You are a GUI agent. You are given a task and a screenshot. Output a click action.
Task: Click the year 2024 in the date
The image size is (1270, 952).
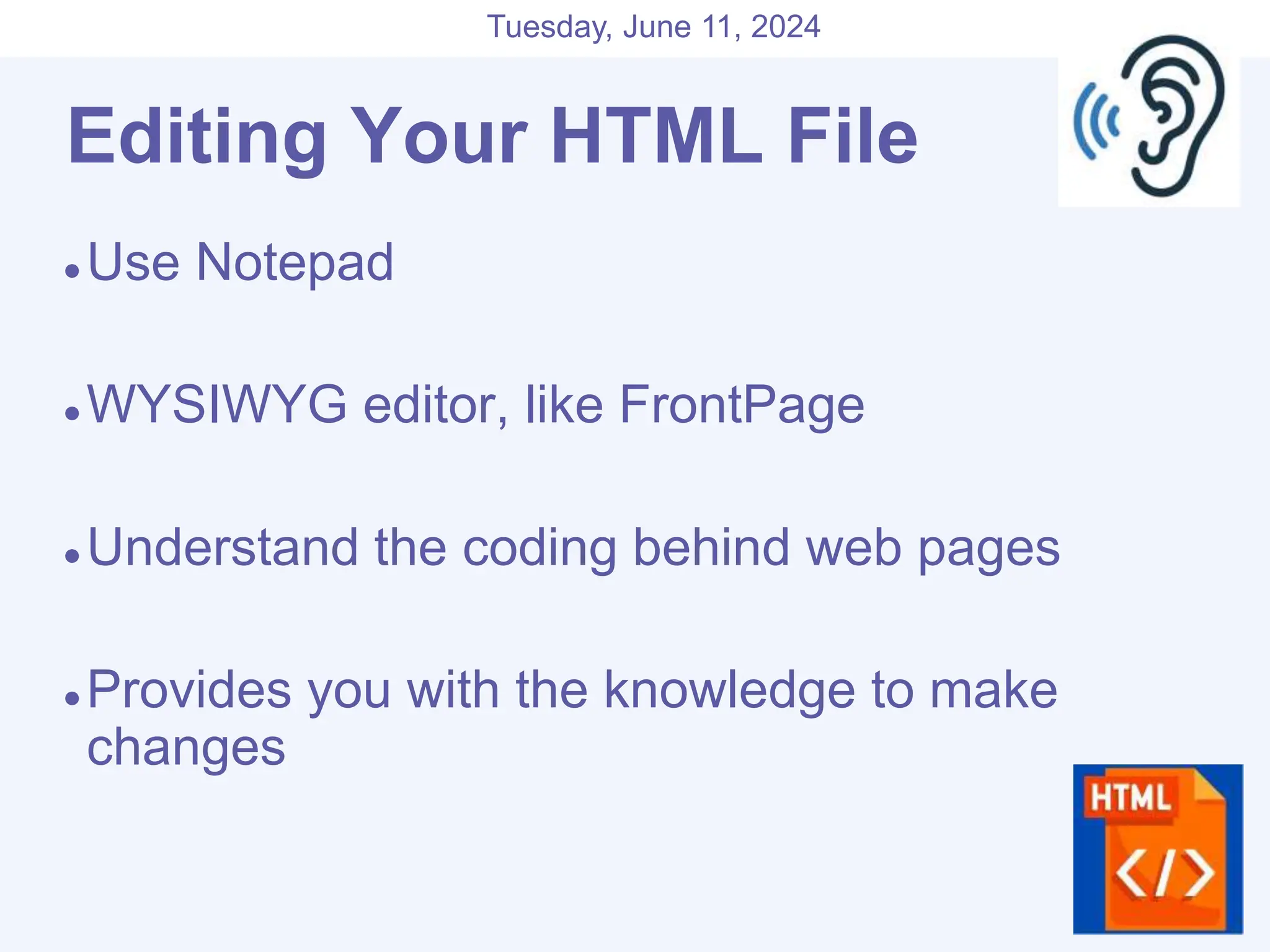click(785, 27)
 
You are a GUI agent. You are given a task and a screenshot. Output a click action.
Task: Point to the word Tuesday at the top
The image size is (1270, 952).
click(549, 27)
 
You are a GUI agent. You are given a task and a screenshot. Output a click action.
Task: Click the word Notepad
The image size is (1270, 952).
click(295, 263)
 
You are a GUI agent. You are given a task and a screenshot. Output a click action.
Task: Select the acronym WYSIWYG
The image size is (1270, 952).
click(217, 405)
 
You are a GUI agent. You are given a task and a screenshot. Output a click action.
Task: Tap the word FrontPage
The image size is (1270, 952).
click(742, 405)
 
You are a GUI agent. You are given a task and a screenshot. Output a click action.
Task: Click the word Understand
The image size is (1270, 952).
click(223, 548)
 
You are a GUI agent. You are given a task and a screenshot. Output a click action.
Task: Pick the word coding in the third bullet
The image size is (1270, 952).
click(540, 548)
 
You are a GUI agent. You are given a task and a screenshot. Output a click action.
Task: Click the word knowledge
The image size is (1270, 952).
click(729, 690)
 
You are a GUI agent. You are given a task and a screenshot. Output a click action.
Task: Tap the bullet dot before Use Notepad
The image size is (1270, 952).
click(73, 271)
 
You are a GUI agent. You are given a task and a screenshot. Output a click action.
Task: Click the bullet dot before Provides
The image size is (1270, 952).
click(73, 699)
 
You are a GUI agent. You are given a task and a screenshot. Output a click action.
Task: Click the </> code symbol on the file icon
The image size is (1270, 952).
click(1165, 874)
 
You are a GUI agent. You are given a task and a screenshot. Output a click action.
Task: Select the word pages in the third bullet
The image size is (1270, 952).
click(988, 548)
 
